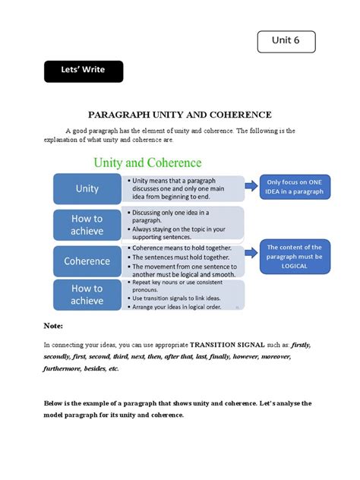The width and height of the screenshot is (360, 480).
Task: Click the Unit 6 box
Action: coord(286,42)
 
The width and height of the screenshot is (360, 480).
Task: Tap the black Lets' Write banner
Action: coord(84,71)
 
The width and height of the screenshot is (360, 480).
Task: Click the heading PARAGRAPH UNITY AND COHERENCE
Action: coord(180,115)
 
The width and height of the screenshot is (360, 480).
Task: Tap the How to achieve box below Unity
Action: coord(87,224)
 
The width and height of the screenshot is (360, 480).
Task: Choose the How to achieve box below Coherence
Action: coord(87,295)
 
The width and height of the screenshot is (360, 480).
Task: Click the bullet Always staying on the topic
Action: coord(179,228)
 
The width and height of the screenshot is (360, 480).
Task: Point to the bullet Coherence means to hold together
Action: coord(180,248)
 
